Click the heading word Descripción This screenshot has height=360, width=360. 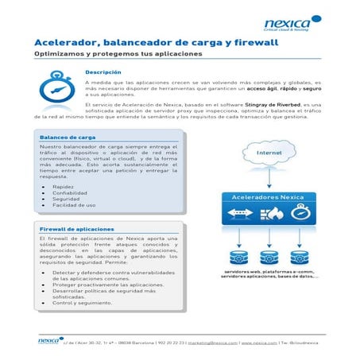[103, 72]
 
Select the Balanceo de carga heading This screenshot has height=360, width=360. [68, 137]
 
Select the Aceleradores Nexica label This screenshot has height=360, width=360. [273, 195]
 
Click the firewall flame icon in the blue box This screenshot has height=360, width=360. [273, 213]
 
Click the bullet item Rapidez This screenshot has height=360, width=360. [63, 186]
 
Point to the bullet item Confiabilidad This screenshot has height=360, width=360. [70, 192]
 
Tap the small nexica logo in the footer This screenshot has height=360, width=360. [49, 341]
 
